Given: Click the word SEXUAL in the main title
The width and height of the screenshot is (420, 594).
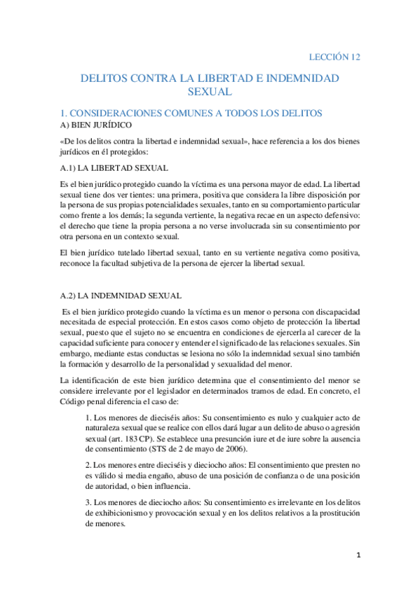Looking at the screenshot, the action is [210, 91].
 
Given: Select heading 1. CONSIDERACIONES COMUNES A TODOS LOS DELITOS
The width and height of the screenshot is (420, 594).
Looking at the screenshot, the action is [191, 112].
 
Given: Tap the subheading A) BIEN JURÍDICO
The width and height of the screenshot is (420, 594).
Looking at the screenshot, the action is [94, 125].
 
